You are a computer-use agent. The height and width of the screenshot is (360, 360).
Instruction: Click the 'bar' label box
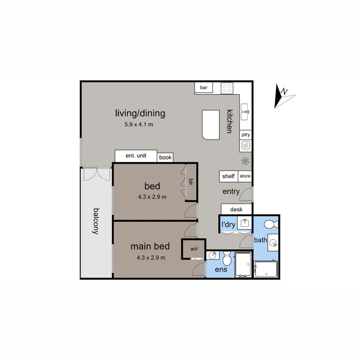point(204,88)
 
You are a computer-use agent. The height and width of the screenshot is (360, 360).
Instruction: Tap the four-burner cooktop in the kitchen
point(227,88)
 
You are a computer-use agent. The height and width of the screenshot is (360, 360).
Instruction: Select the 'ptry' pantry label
point(246,135)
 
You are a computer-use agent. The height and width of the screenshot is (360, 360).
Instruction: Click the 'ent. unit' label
point(136,156)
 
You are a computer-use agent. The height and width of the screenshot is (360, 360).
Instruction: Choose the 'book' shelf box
point(165,157)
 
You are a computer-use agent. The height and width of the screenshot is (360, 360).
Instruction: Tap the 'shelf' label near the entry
point(228,176)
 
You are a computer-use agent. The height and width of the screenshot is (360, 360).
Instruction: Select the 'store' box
point(245,176)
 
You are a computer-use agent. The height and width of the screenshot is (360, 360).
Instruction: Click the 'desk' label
point(236,209)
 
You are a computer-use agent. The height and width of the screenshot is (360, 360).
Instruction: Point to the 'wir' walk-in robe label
point(194,249)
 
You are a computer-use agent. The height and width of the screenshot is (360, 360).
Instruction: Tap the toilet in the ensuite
point(227,259)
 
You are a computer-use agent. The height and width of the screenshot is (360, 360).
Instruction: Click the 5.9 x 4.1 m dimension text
point(139,125)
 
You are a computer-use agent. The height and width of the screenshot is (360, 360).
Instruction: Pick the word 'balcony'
point(96,221)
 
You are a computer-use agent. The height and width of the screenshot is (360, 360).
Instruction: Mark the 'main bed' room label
point(150,246)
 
